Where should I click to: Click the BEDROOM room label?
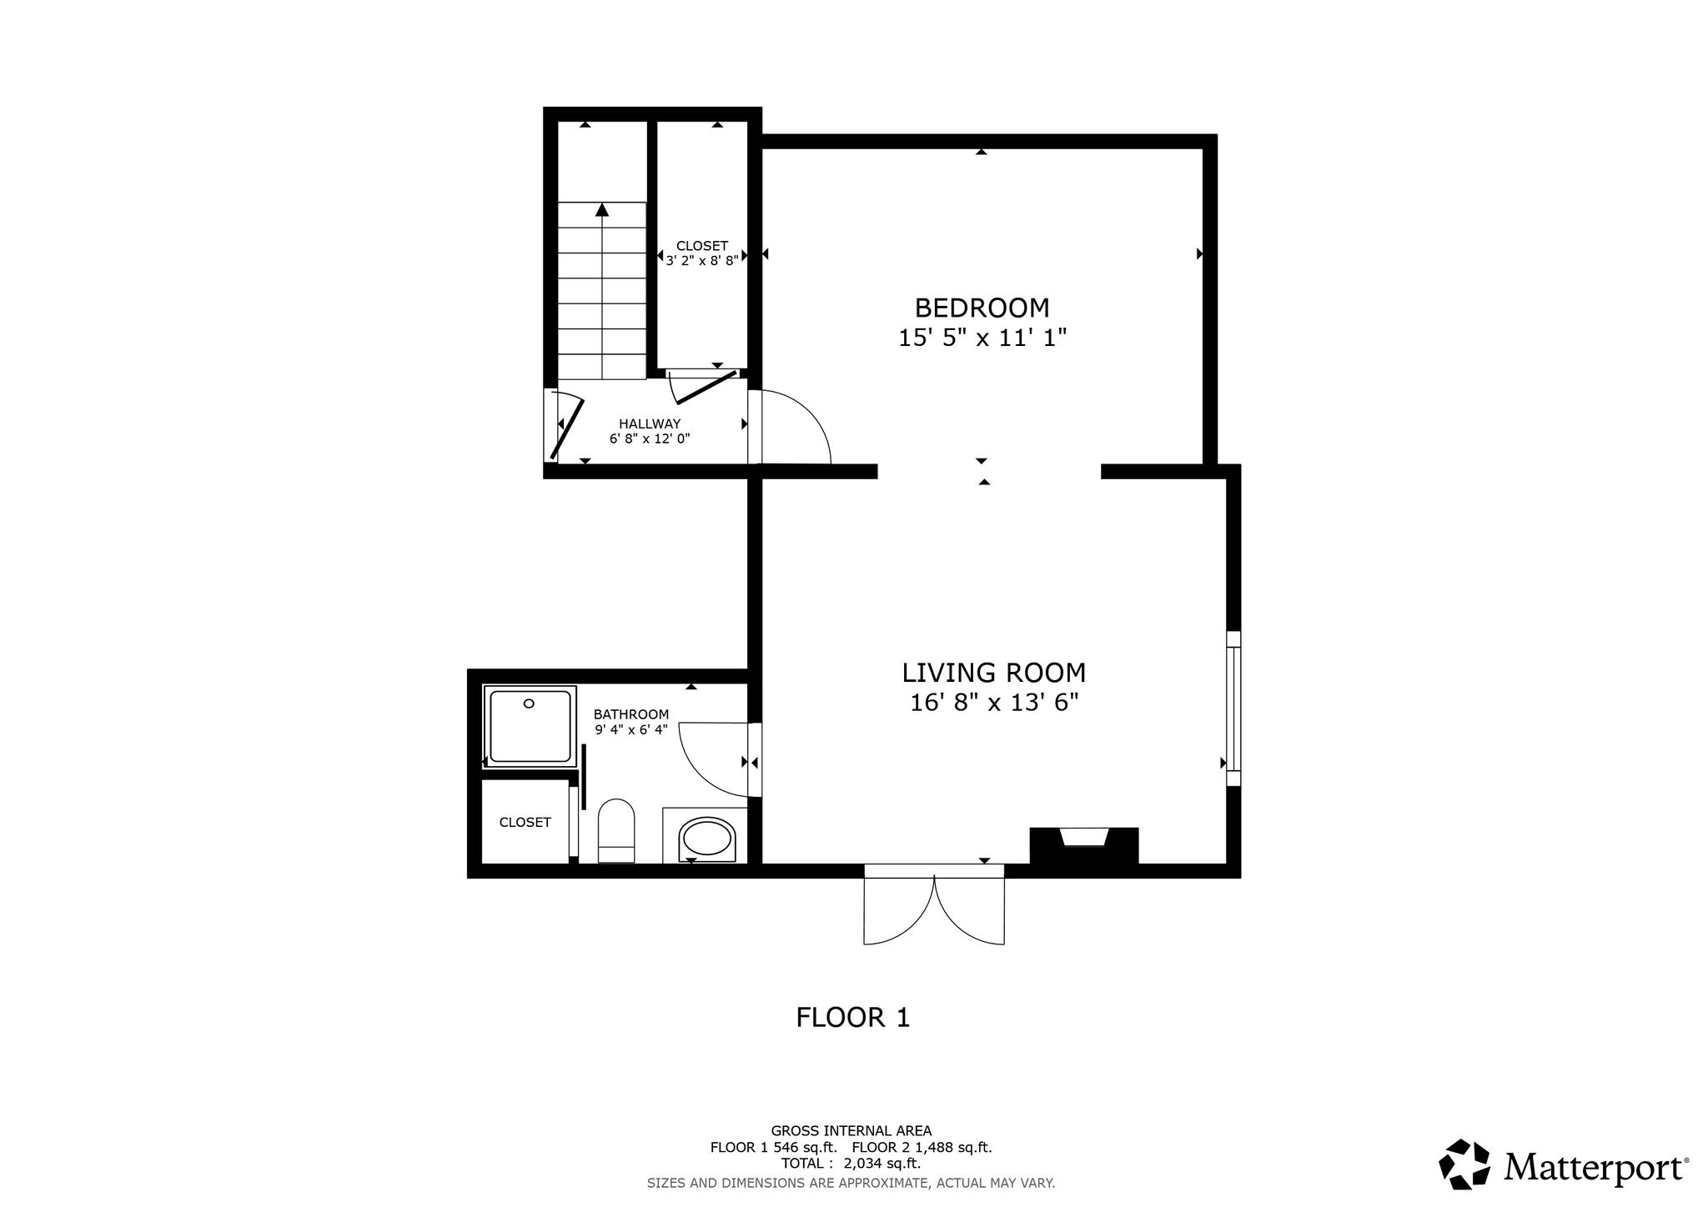click(982, 308)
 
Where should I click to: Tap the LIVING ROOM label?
click(994, 673)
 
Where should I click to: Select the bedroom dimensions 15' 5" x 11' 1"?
click(982, 338)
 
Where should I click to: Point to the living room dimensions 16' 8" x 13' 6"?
click(994, 703)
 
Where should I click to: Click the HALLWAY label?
click(650, 423)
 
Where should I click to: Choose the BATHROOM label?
click(631, 714)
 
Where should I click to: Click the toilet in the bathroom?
click(616, 830)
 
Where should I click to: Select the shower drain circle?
click(529, 704)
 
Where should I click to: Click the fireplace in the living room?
click(1084, 846)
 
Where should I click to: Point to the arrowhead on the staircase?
click(601, 210)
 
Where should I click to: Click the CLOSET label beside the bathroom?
click(525, 823)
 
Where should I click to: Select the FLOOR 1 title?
click(853, 1018)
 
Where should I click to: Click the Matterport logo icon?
click(1464, 1164)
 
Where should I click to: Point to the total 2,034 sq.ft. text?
click(851, 1163)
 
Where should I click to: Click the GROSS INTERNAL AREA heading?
click(851, 1131)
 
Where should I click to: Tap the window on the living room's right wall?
click(1233, 709)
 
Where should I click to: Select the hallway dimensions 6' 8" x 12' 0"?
click(650, 438)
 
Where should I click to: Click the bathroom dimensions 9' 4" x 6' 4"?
click(631, 729)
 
